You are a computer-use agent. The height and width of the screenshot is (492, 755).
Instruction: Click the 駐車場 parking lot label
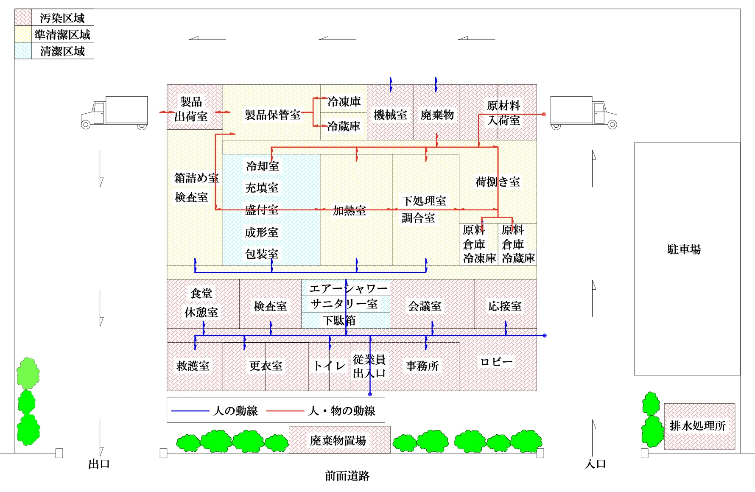pos(684,249)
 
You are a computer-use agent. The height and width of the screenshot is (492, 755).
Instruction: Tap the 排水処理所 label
pos(698,425)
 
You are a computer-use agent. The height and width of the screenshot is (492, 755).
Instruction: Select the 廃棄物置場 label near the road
pos(338,441)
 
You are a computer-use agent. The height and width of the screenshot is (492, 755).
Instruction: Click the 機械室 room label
pos(390,115)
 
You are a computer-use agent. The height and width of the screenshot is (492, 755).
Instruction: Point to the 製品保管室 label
pos(273,115)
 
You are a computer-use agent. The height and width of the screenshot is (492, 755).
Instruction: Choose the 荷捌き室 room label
pos(498,182)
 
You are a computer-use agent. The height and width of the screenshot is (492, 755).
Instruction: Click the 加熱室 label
pos(349,211)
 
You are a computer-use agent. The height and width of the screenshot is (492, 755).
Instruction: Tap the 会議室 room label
pos(425,306)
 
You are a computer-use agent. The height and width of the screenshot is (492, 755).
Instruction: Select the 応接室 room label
pos(505,306)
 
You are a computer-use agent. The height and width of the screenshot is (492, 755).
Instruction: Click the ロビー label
pos(496,362)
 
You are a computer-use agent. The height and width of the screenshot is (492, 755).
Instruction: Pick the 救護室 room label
pos(193,366)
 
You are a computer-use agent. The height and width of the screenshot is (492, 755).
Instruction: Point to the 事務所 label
pos(422,366)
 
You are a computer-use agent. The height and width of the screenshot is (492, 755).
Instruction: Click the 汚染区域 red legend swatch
pos(23,18)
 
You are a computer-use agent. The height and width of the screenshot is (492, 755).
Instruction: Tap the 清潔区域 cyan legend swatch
pos(23,51)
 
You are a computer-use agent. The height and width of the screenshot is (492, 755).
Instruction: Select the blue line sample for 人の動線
pos(190,411)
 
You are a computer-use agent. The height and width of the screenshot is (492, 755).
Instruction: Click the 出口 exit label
pos(99,464)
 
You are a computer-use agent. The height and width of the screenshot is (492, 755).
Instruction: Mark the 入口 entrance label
pos(595,464)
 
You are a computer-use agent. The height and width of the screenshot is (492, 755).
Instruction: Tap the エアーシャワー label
pos(348,289)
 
